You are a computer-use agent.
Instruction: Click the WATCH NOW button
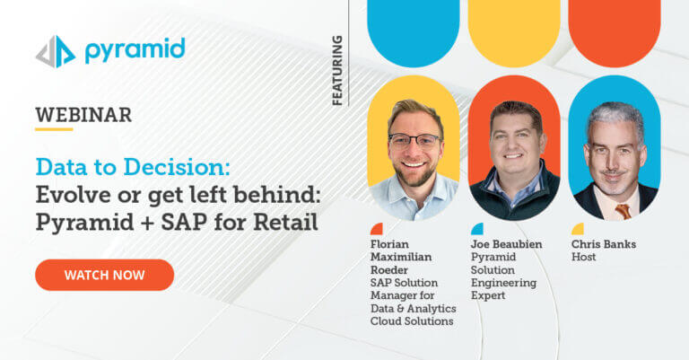click(x=105, y=275)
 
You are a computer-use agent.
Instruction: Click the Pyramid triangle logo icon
click(x=56, y=52)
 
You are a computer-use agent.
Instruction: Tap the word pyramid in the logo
click(x=135, y=50)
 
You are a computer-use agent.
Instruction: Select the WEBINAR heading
click(x=83, y=115)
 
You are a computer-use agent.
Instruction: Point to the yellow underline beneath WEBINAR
click(x=54, y=129)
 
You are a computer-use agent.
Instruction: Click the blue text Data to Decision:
click(x=133, y=167)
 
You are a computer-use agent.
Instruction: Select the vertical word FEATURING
click(x=337, y=70)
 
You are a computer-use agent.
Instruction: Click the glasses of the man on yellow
click(x=414, y=140)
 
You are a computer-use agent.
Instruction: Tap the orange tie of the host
click(x=624, y=212)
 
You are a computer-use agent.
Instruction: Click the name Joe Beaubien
click(x=506, y=244)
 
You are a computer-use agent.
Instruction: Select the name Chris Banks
click(x=603, y=244)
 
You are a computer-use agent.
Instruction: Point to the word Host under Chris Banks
click(x=583, y=257)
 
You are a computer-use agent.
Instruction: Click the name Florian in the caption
click(x=389, y=244)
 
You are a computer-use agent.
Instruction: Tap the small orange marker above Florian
click(x=377, y=229)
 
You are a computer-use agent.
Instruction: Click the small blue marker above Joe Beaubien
click(x=477, y=229)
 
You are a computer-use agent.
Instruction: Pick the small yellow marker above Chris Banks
click(x=578, y=229)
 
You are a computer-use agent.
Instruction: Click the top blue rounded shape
click(x=413, y=33)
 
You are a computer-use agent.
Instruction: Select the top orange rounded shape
click(x=615, y=33)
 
